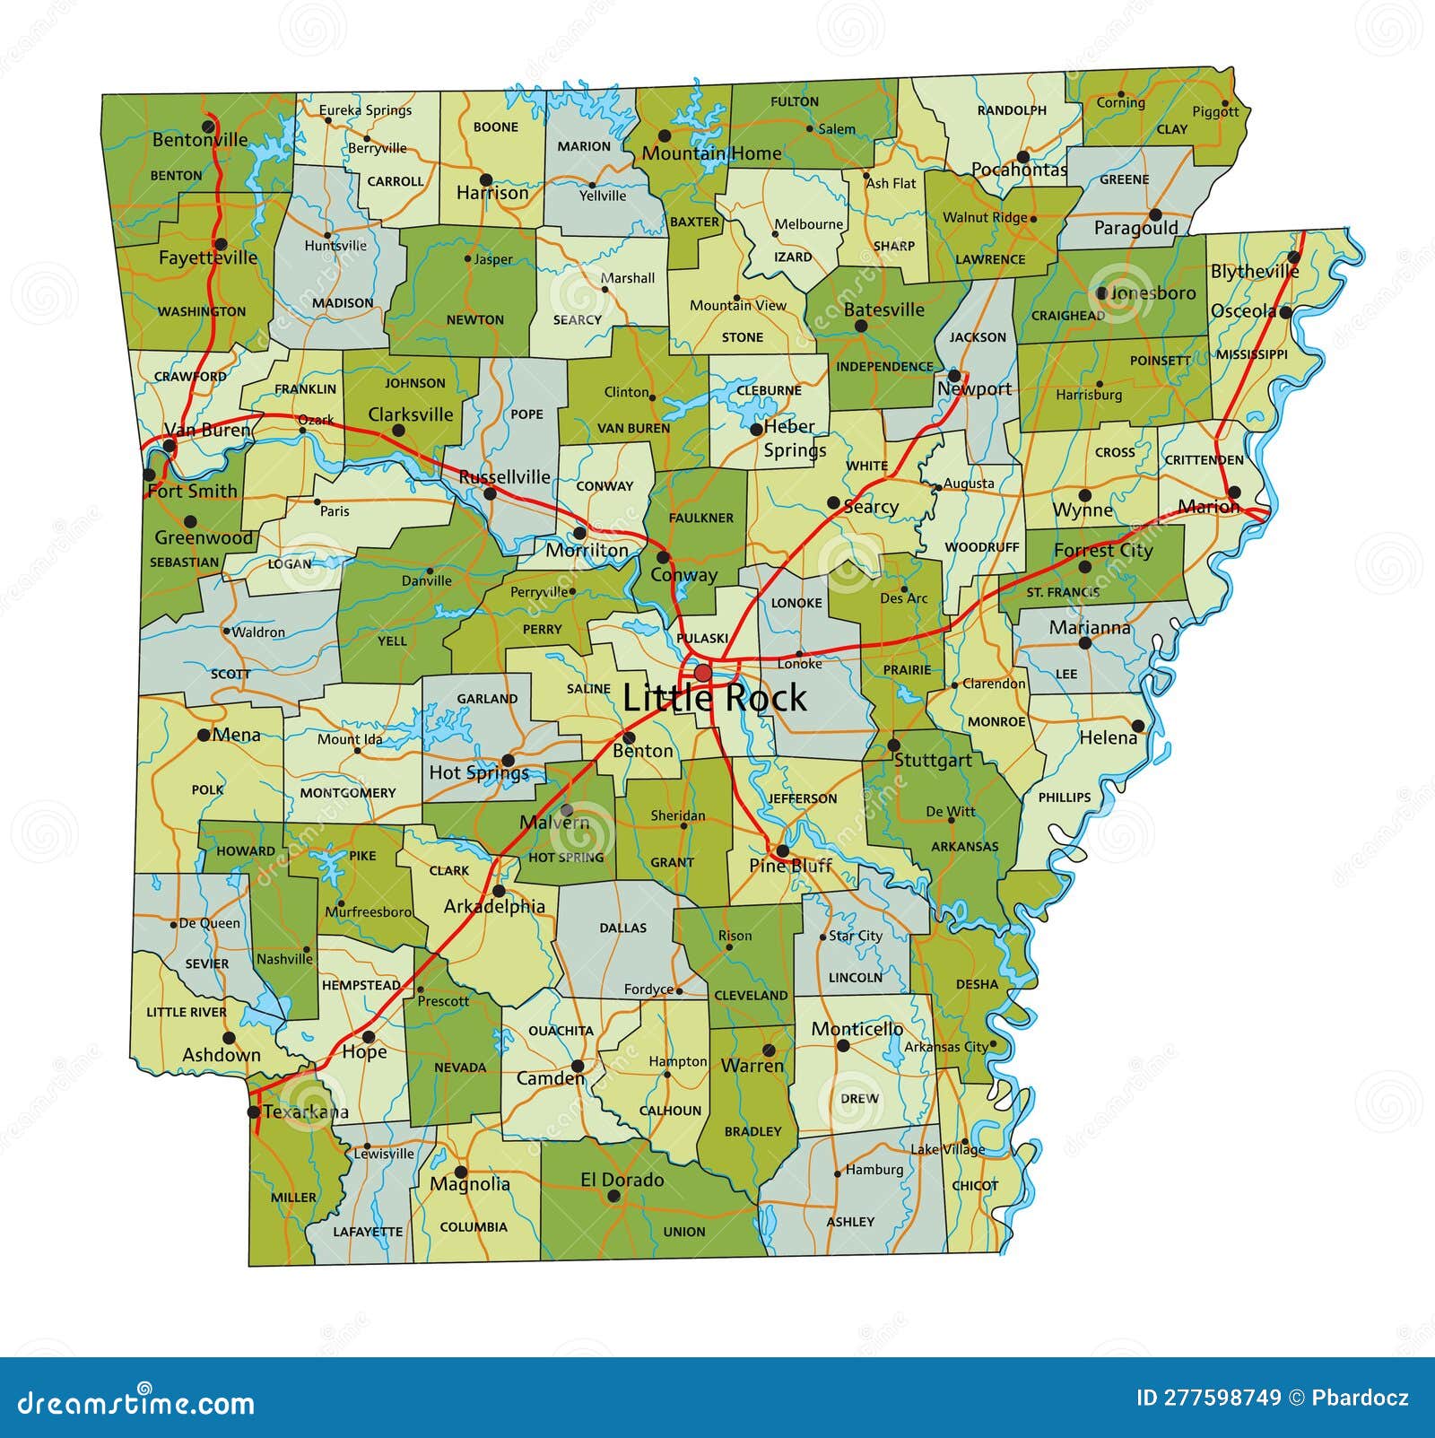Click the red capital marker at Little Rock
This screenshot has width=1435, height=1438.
click(x=702, y=673)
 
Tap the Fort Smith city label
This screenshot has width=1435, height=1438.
click(x=192, y=491)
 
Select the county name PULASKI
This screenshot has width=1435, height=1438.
click(x=702, y=638)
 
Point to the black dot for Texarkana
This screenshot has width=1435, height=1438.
click(x=254, y=1112)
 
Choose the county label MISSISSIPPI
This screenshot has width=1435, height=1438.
click(x=1251, y=354)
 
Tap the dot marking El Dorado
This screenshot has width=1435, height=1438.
click(x=613, y=1197)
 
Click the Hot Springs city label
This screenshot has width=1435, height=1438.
click(x=479, y=772)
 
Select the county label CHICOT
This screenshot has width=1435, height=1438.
click(x=975, y=1185)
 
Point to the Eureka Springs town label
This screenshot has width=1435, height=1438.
click(x=365, y=110)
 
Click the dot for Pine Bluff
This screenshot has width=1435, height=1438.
click(x=782, y=850)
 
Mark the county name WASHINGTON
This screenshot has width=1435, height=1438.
click(x=202, y=311)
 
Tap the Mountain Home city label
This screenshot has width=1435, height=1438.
click(x=711, y=153)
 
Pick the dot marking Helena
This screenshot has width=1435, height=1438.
click(x=1138, y=726)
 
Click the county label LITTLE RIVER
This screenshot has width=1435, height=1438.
click(x=187, y=1012)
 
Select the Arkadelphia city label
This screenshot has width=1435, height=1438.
click(x=494, y=906)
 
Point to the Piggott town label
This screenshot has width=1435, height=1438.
click(x=1215, y=111)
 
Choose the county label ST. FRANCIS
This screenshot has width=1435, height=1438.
click(x=1063, y=592)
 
